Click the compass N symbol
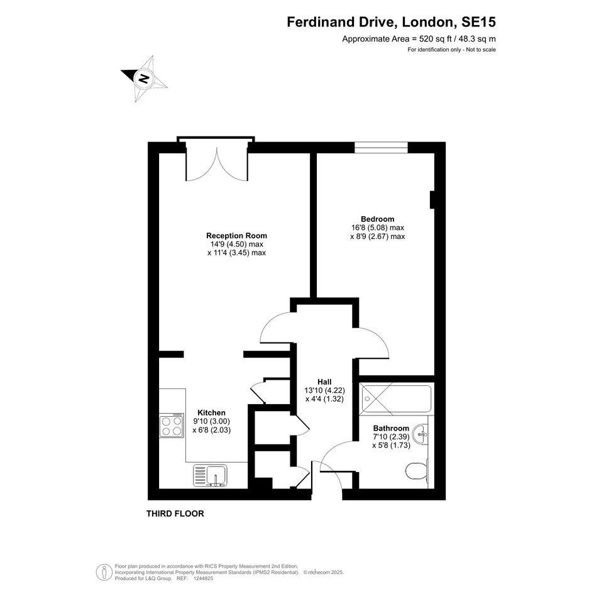[144, 79]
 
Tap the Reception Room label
[236, 236]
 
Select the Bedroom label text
[377, 219]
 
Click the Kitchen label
[211, 412]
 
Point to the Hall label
[324, 382]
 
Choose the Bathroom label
[392, 428]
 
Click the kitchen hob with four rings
[172, 426]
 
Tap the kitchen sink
[210, 475]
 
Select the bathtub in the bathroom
[395, 399]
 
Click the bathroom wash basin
[421, 434]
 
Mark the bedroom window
[381, 147]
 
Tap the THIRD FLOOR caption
[175, 514]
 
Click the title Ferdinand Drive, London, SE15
[391, 22]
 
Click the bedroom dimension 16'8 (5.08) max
[378, 228]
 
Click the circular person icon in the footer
[104, 573]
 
